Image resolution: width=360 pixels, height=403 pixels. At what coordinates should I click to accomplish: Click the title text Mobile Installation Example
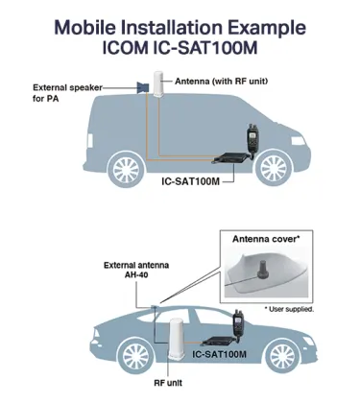click(180, 22)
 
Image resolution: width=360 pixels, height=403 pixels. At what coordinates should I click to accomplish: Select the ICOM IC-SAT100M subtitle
click(180, 45)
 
